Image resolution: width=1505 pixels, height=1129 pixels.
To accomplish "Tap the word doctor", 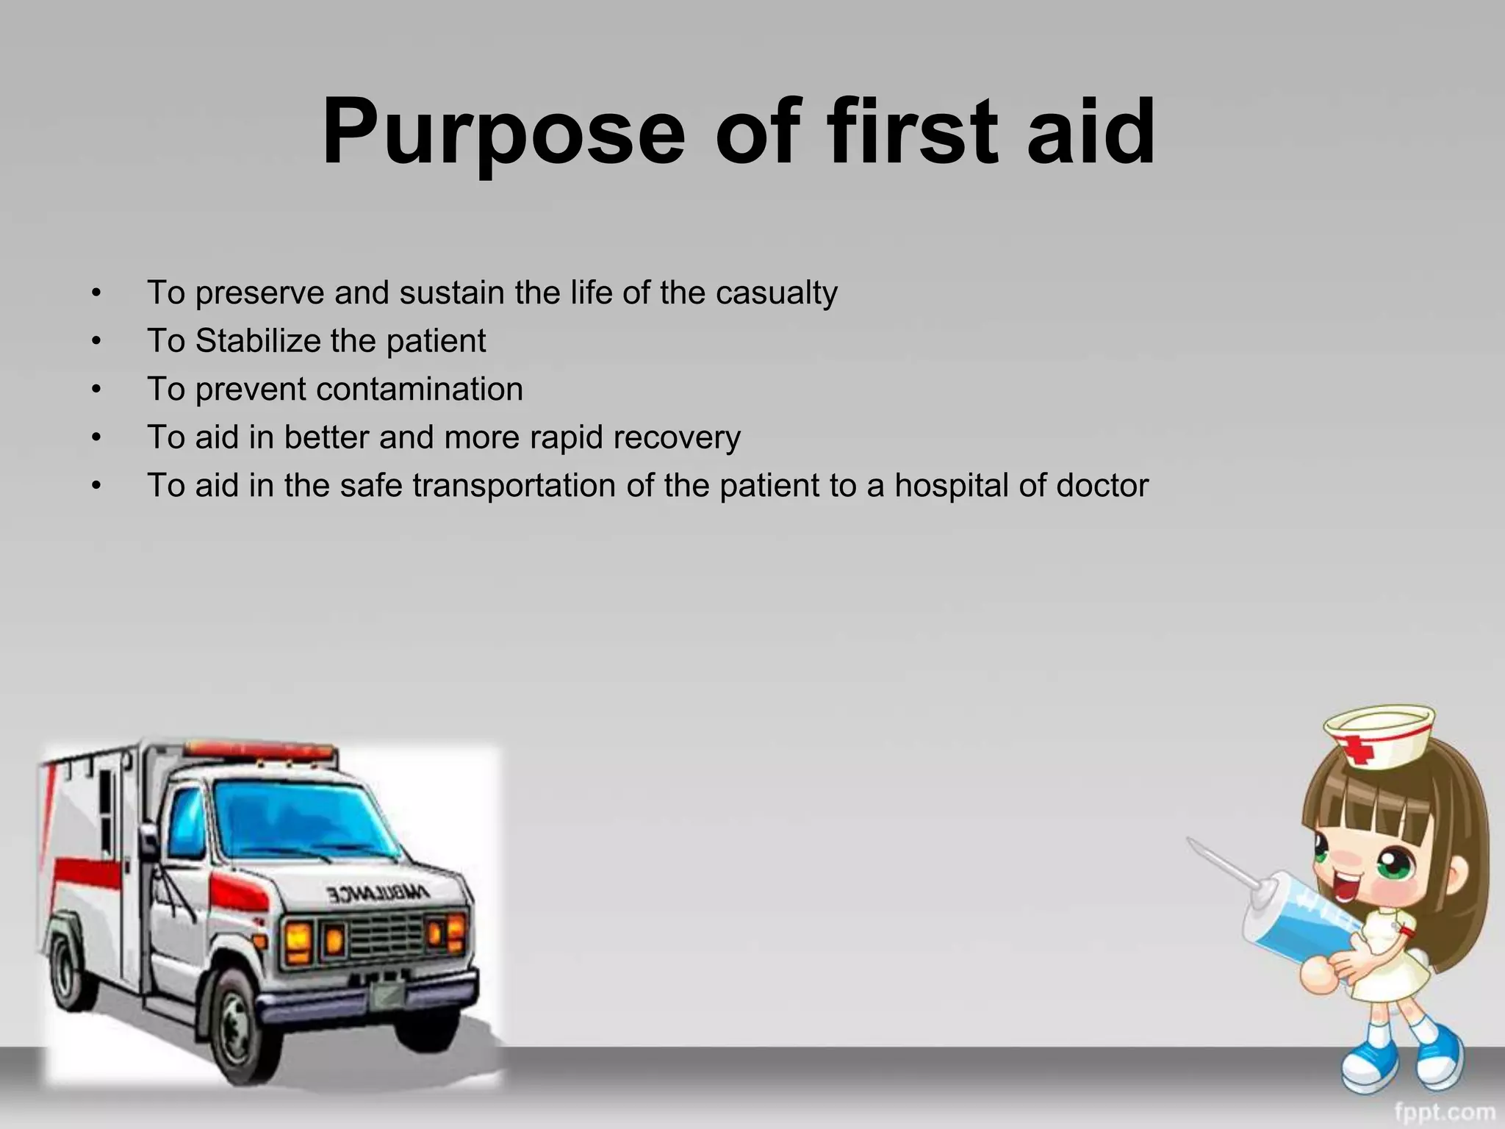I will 1102,486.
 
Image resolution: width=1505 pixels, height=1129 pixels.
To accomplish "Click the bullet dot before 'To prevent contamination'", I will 96,390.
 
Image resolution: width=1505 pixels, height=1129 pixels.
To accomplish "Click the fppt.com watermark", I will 1445,1111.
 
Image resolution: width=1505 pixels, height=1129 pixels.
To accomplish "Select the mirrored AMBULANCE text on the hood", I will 378,894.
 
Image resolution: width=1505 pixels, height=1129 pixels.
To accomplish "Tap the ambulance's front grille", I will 382,937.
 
